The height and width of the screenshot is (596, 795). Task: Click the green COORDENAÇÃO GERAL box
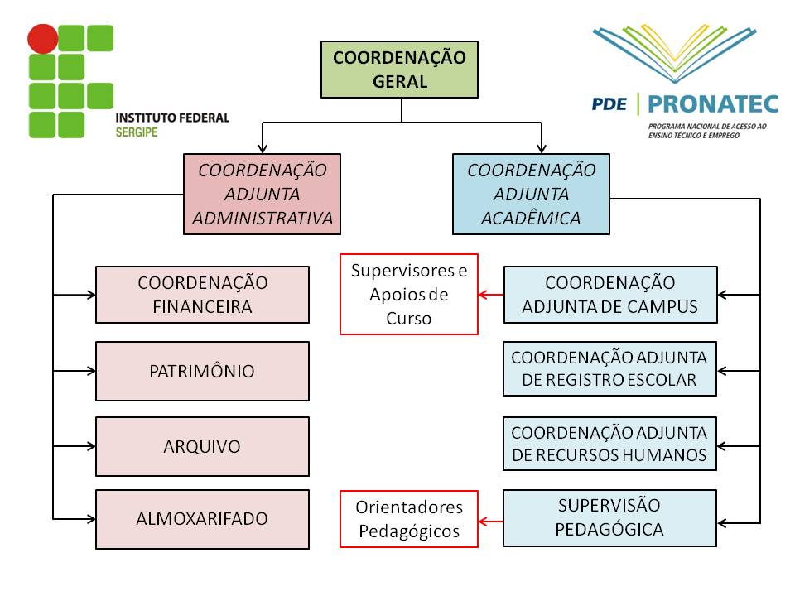(399, 70)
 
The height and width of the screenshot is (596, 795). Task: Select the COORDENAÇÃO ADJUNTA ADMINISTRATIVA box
(263, 194)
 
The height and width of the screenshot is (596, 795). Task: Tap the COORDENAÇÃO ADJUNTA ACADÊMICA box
(531, 194)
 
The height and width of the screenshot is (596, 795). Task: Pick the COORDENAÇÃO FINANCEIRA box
(202, 294)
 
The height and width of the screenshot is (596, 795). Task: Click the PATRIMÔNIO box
(202, 371)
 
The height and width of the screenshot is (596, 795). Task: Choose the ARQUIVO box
(202, 446)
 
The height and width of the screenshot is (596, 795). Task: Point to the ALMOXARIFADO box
(202, 519)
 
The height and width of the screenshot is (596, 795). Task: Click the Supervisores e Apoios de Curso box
(409, 294)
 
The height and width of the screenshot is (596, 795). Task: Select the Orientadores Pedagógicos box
(409, 519)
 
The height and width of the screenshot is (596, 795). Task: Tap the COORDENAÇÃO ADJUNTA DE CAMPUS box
(609, 294)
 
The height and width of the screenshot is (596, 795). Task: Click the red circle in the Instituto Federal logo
(43, 39)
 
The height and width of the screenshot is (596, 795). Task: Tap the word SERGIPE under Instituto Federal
(137, 132)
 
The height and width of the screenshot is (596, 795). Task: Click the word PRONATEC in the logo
(713, 103)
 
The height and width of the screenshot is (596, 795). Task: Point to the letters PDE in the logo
(609, 104)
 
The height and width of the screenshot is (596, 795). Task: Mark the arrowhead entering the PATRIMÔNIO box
(90, 371)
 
